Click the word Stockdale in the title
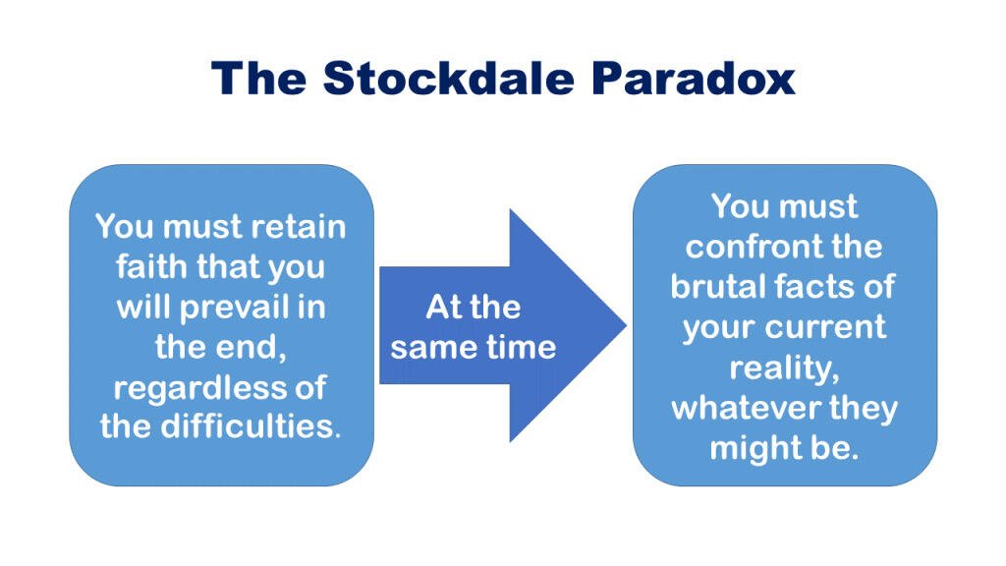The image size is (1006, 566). point(448,79)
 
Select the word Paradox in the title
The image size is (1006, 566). point(693,79)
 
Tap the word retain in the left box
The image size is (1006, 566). point(298,227)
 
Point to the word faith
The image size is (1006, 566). point(151,266)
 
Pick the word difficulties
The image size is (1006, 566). point(251,426)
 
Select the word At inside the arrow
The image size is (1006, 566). point(445,307)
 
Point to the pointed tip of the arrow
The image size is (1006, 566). point(626,324)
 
